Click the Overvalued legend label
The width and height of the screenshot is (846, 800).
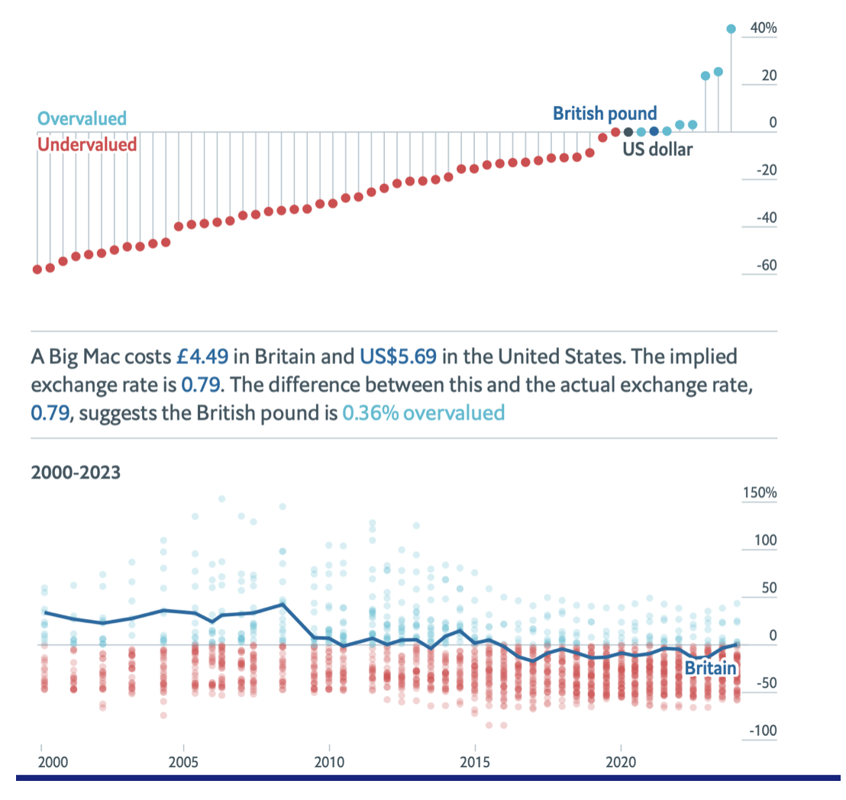point(82,118)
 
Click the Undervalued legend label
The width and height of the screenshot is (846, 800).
point(87,144)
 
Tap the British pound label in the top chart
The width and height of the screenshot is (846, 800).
point(605,114)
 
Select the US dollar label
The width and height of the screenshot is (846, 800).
point(657,149)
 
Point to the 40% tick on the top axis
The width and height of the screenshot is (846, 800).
point(764,28)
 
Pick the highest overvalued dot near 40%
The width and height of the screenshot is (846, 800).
point(731,29)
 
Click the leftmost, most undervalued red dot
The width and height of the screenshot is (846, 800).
point(37,269)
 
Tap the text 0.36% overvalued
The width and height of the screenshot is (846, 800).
point(424,413)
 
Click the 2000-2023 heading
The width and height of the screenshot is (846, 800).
point(76,472)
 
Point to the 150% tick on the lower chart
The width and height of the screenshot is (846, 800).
point(759,492)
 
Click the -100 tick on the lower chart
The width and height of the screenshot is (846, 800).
point(762,731)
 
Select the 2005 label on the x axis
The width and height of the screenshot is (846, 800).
point(184,763)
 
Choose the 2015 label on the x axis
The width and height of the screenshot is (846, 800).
point(475,763)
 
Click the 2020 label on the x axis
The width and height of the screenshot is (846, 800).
point(620,763)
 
